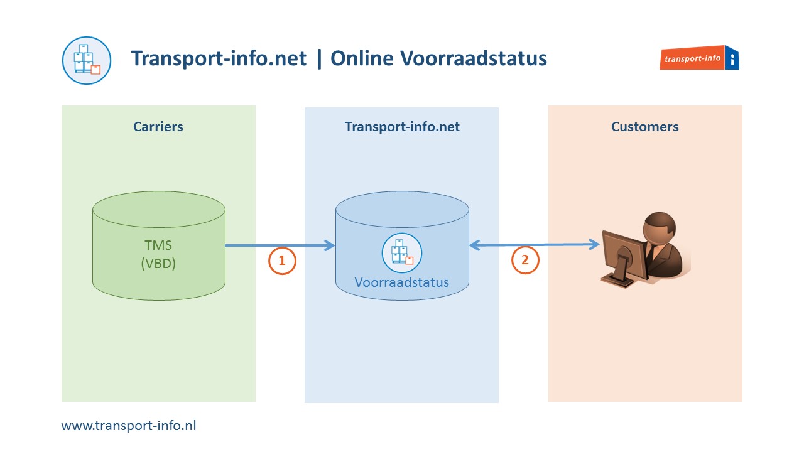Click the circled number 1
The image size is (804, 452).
(x=282, y=261)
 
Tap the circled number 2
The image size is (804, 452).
(x=525, y=261)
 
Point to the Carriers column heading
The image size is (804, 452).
(x=158, y=127)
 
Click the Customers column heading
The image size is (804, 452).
(x=644, y=127)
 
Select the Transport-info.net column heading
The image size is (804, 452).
(x=402, y=127)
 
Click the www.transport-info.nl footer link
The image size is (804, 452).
(x=129, y=425)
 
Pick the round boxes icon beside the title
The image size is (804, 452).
(x=87, y=60)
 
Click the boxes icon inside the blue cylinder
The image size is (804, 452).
(x=402, y=252)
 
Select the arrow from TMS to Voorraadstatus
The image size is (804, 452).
(x=280, y=245)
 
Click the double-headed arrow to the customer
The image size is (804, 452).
(x=534, y=245)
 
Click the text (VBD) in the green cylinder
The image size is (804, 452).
(x=158, y=264)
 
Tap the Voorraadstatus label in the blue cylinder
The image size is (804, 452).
(x=402, y=282)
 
